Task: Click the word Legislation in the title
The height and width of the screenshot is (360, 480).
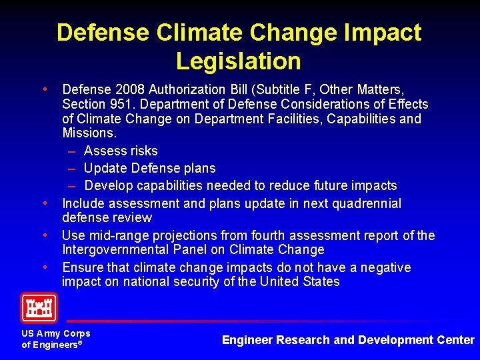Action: (239, 61)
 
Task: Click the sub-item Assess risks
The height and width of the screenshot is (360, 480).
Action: (121, 151)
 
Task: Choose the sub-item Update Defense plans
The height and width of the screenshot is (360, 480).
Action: (149, 168)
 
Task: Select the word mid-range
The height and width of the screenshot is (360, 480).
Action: (110, 235)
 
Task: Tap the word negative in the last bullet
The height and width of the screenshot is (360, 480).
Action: (382, 267)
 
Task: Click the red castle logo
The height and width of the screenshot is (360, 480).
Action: (39, 307)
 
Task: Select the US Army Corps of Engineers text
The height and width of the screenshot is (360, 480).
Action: (55, 339)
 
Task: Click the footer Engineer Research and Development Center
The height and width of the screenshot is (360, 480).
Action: (348, 340)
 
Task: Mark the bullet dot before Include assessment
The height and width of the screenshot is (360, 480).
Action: (44, 203)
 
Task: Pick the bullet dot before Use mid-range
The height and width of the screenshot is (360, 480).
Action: (44, 235)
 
